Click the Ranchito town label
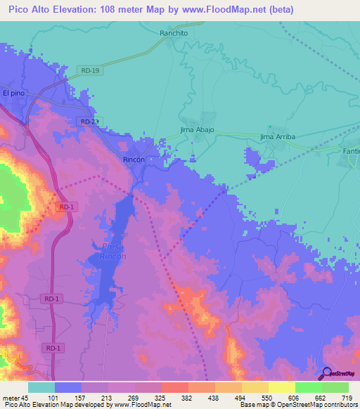click(173, 32)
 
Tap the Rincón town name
click(134, 160)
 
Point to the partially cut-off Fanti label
click(351, 152)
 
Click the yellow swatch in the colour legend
click(281, 387)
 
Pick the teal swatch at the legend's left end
click(41, 387)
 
